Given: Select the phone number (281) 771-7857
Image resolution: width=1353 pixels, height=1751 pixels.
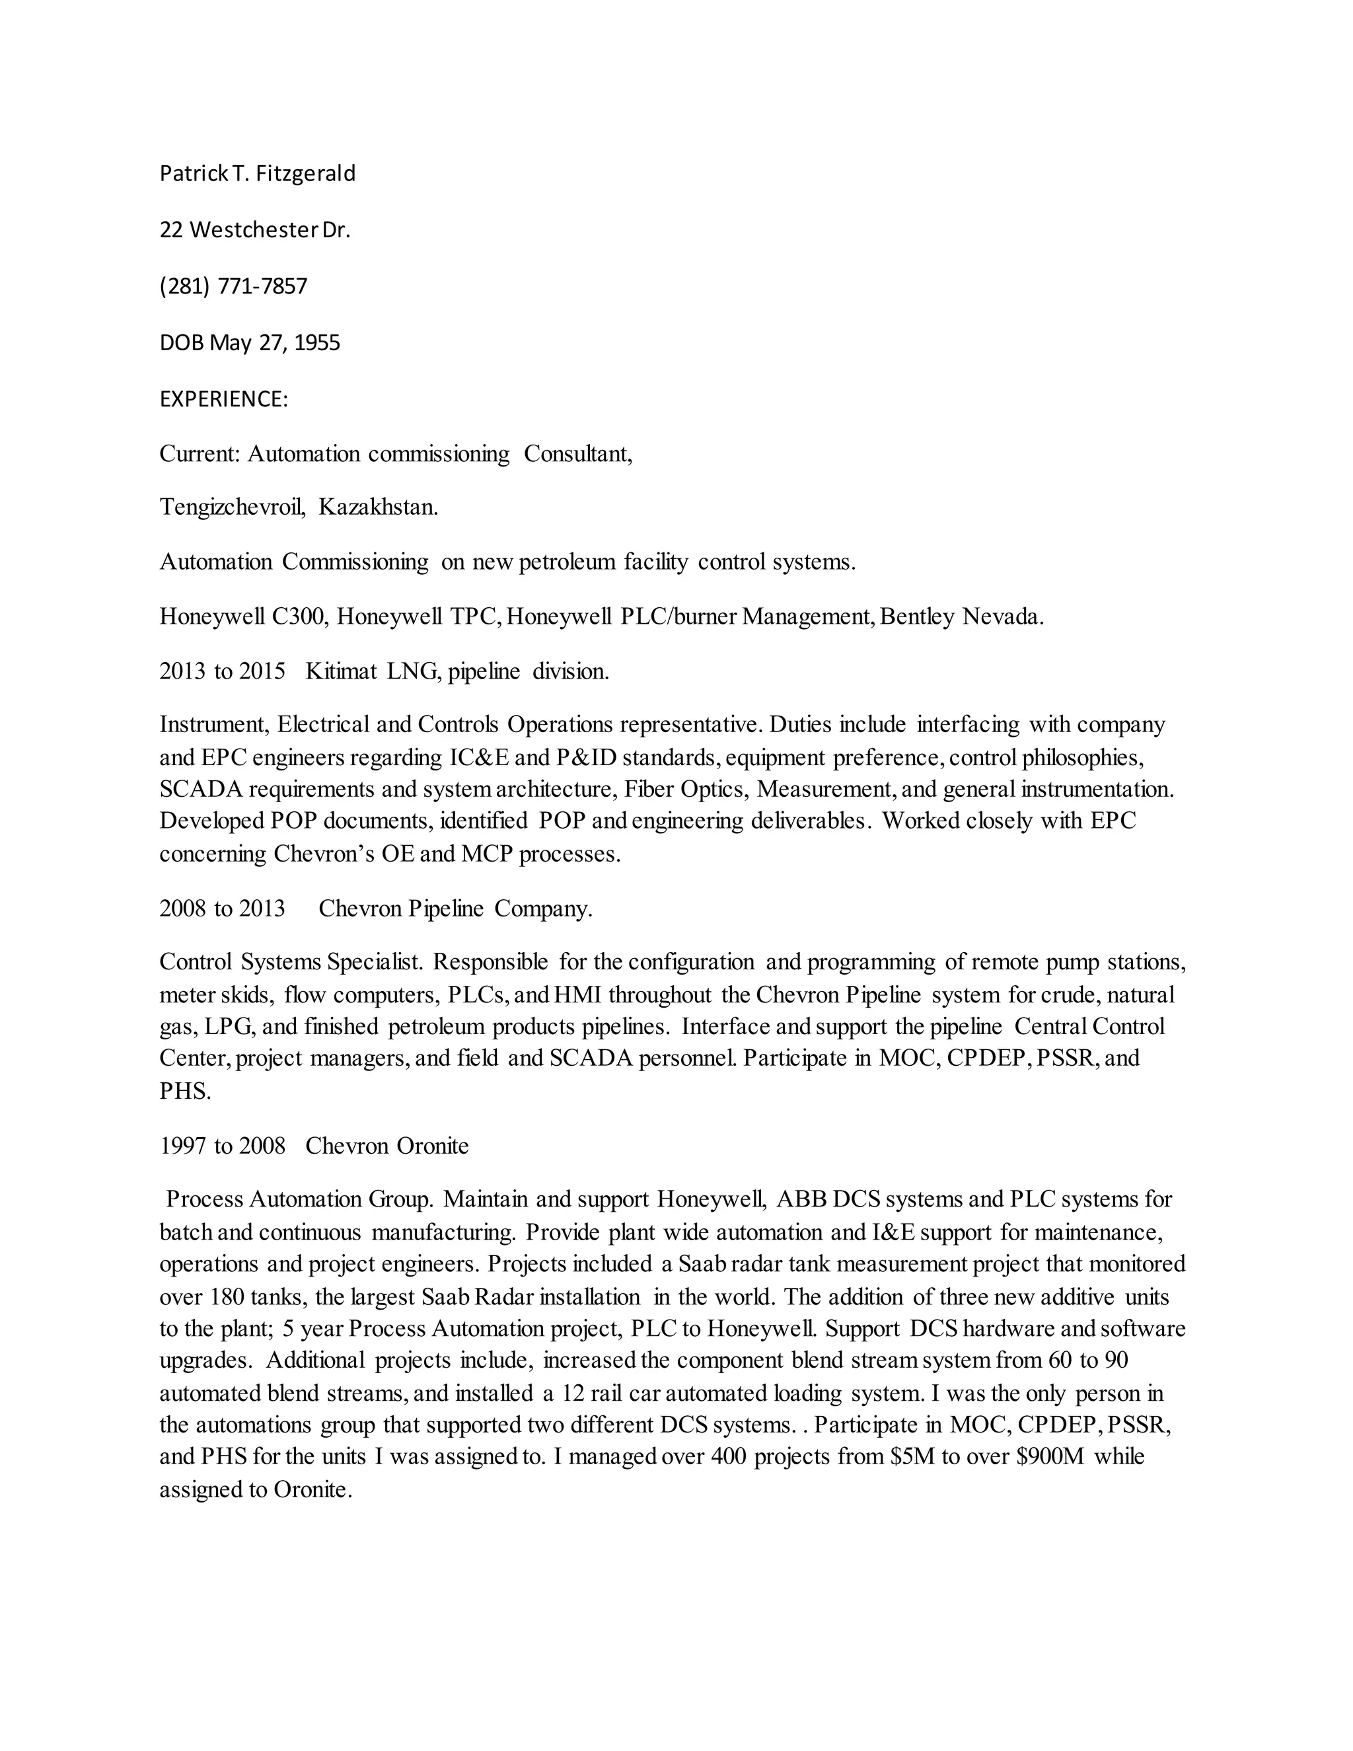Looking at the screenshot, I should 233,286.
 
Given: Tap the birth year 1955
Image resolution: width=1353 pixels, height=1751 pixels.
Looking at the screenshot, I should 317,343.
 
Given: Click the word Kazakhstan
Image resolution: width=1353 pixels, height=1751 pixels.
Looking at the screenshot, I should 379,507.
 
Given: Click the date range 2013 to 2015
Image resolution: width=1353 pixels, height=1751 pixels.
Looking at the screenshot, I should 222,671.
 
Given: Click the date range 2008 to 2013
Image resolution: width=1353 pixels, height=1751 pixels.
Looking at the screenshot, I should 222,909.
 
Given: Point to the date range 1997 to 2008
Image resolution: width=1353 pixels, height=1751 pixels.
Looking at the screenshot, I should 222,1146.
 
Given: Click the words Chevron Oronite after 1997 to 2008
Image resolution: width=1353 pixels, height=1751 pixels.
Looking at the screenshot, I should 386,1146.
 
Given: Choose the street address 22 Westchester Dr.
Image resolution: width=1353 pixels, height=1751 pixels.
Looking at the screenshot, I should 255,230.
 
